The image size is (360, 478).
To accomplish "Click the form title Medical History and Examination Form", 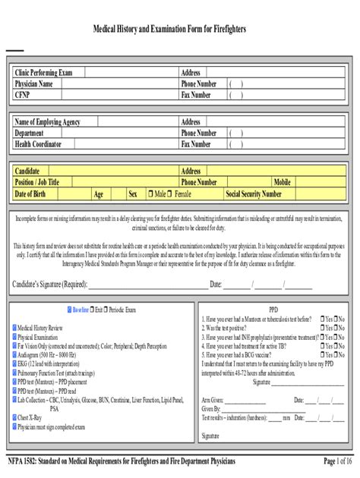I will click(179, 29).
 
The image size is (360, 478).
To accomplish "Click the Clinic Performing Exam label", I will click(44, 73).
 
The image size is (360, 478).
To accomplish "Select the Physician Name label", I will click(34, 83).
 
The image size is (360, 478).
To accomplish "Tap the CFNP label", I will click(22, 95).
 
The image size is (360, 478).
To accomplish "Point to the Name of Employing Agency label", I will click(47, 121).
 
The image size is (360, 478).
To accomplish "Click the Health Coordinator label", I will click(38, 143).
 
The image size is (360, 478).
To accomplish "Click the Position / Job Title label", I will click(37, 182).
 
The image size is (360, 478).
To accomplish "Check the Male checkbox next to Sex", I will click(150, 194).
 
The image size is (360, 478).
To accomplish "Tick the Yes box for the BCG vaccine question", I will click(322, 354).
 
